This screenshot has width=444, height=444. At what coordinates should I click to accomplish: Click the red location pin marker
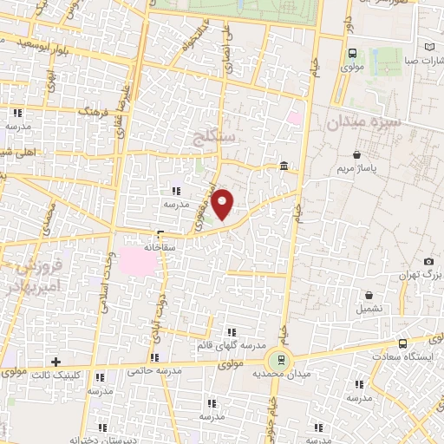[x=223, y=203]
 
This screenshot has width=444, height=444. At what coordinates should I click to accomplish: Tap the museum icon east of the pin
[x=284, y=166]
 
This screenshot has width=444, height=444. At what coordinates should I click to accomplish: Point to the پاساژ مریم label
[x=356, y=168]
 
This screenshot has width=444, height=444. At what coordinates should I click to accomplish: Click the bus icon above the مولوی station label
[x=350, y=52]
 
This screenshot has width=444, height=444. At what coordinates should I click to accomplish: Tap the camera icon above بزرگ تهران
[x=428, y=261]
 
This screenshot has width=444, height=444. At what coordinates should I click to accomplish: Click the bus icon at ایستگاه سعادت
[x=402, y=343]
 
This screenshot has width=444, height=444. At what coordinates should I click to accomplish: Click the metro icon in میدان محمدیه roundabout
[x=279, y=359]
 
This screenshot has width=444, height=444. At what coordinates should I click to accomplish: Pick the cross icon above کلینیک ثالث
[x=55, y=361]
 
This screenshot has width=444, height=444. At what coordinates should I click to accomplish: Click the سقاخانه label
[x=161, y=246]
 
